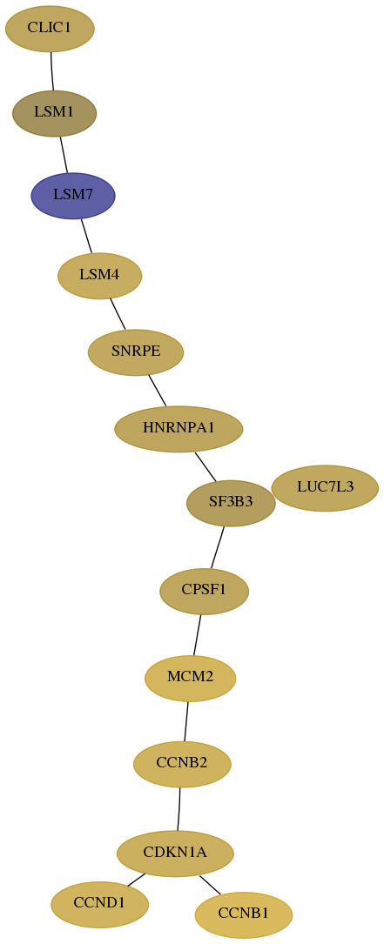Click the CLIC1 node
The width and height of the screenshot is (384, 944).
click(50, 29)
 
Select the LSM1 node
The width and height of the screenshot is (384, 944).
click(54, 113)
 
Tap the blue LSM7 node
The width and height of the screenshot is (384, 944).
click(73, 196)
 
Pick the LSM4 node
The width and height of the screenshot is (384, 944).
click(99, 276)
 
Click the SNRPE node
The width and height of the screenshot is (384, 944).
click(136, 352)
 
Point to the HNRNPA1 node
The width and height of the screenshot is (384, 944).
click(179, 429)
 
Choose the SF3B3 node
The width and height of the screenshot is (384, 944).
click(231, 503)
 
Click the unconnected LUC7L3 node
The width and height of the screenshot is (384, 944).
click(325, 488)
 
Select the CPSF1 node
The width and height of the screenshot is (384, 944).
click(204, 592)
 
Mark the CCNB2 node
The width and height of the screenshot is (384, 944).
click(182, 764)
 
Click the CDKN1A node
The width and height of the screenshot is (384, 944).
click(175, 854)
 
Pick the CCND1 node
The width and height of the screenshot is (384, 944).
click(99, 904)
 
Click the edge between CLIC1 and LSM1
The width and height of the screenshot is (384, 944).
click(52, 71)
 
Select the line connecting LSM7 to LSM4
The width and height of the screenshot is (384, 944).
click(87, 236)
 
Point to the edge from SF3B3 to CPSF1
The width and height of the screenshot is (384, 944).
click(217, 547)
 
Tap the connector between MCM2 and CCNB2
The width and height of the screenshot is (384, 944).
click(186, 721)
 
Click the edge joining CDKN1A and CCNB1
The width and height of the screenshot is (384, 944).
click(210, 885)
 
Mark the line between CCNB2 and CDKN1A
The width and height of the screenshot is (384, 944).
click(179, 808)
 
